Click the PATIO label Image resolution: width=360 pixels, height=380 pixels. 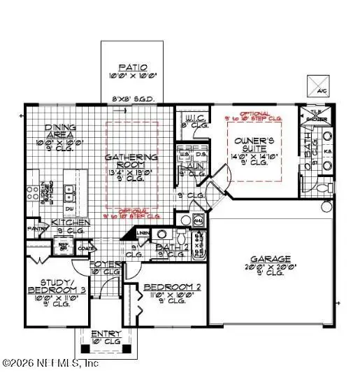(133, 67)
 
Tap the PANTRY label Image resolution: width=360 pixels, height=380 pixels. (36, 227)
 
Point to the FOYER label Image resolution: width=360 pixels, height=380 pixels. (106, 265)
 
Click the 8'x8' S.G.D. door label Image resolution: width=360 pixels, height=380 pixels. (133, 99)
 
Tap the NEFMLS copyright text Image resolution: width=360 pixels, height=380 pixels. (50, 363)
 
